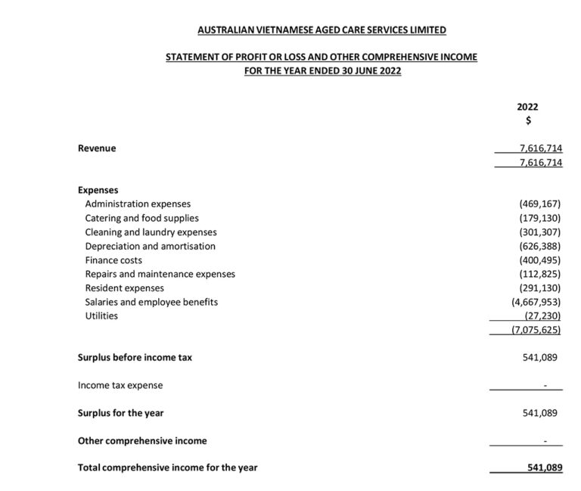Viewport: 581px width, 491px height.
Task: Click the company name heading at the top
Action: pos(322,30)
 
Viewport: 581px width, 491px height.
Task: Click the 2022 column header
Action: pos(527,107)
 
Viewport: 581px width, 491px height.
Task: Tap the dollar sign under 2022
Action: pos(528,120)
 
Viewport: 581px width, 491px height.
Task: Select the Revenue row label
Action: pos(97,148)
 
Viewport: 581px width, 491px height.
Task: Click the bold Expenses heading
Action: pos(98,190)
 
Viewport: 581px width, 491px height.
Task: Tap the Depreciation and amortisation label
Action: pos(150,246)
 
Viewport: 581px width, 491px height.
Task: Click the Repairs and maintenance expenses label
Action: pos(160,274)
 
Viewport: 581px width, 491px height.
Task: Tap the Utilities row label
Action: pos(101,315)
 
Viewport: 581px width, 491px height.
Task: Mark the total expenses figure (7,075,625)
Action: pos(536,330)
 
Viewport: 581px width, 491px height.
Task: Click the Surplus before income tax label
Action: pos(135,357)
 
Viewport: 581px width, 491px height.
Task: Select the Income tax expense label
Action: pos(120,385)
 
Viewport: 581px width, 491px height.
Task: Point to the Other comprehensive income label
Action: pos(142,440)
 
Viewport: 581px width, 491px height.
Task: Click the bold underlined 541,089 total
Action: pos(545,468)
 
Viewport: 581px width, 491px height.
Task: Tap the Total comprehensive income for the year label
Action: pos(167,468)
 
